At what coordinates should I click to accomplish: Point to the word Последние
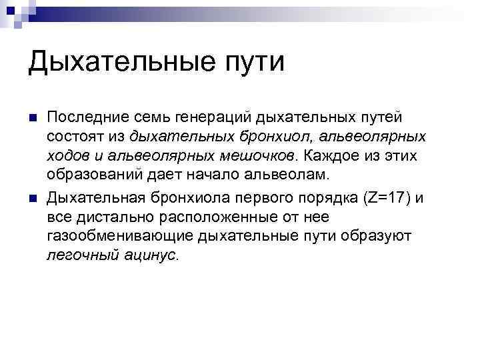(82, 117)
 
